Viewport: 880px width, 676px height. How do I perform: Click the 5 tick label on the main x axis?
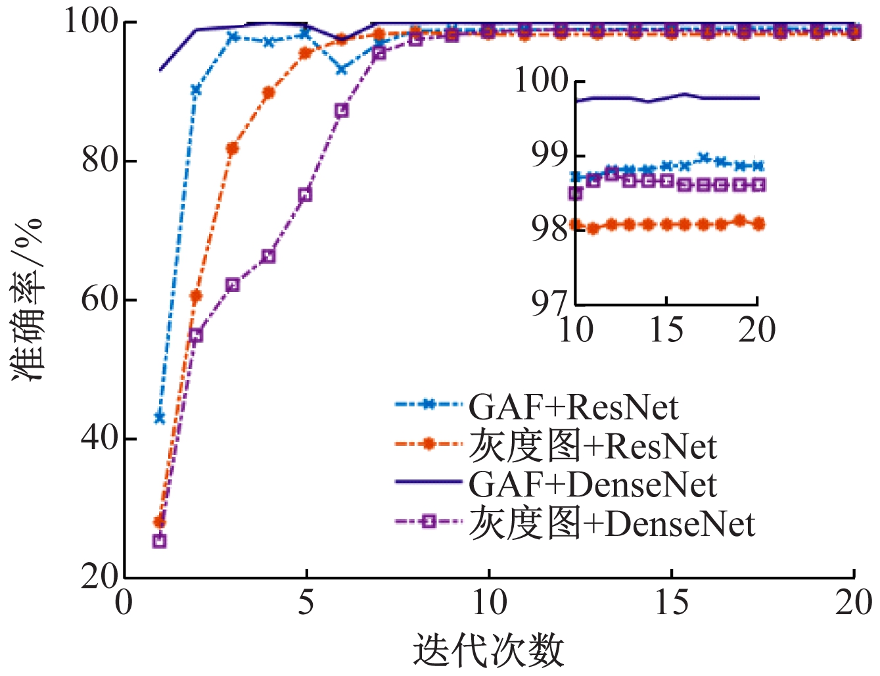point(306,602)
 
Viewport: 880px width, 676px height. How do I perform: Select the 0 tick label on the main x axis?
point(124,602)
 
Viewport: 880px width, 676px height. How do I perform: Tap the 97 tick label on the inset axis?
point(549,304)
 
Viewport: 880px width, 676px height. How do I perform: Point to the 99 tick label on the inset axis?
point(549,155)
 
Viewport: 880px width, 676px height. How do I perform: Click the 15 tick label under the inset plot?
point(666,329)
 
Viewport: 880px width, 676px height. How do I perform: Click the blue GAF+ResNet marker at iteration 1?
point(160,418)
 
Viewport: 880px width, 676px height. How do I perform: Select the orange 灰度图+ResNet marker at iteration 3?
point(232,149)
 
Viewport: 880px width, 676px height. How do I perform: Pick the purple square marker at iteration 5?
point(305,195)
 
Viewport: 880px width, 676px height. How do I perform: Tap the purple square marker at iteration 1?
point(160,541)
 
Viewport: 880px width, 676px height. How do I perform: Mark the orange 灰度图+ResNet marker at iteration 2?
point(196,296)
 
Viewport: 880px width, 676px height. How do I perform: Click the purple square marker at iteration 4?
point(268,256)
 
